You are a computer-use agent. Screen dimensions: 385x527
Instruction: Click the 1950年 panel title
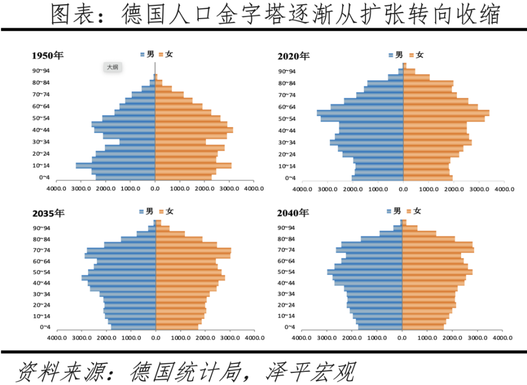[x=48, y=56]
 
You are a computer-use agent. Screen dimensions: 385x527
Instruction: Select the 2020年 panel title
[x=294, y=56]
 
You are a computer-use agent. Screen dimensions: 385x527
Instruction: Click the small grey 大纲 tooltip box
[x=112, y=67]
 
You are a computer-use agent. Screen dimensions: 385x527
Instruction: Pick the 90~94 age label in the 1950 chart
[x=41, y=70]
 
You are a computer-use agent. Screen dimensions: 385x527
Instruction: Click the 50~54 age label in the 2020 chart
[x=287, y=119]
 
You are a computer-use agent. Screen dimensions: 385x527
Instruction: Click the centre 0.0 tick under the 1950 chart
[x=155, y=189]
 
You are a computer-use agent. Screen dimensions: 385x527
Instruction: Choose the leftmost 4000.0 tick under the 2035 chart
[x=57, y=338]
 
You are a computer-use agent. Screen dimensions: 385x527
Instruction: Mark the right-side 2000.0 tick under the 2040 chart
[x=452, y=338]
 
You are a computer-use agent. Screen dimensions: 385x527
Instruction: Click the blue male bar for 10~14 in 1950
[x=115, y=166]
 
